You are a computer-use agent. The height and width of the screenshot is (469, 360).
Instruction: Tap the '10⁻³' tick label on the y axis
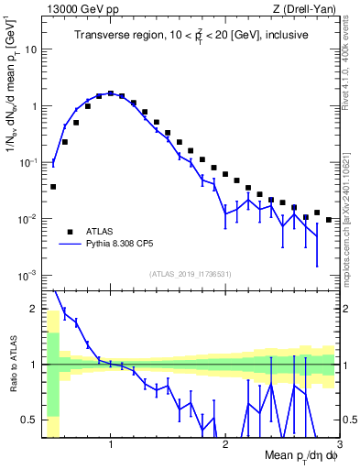27,276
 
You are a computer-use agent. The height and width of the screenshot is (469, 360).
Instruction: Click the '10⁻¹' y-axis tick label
27,162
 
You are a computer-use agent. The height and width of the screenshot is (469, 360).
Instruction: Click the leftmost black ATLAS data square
53,186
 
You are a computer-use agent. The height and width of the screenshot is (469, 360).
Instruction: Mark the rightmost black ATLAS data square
329,220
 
